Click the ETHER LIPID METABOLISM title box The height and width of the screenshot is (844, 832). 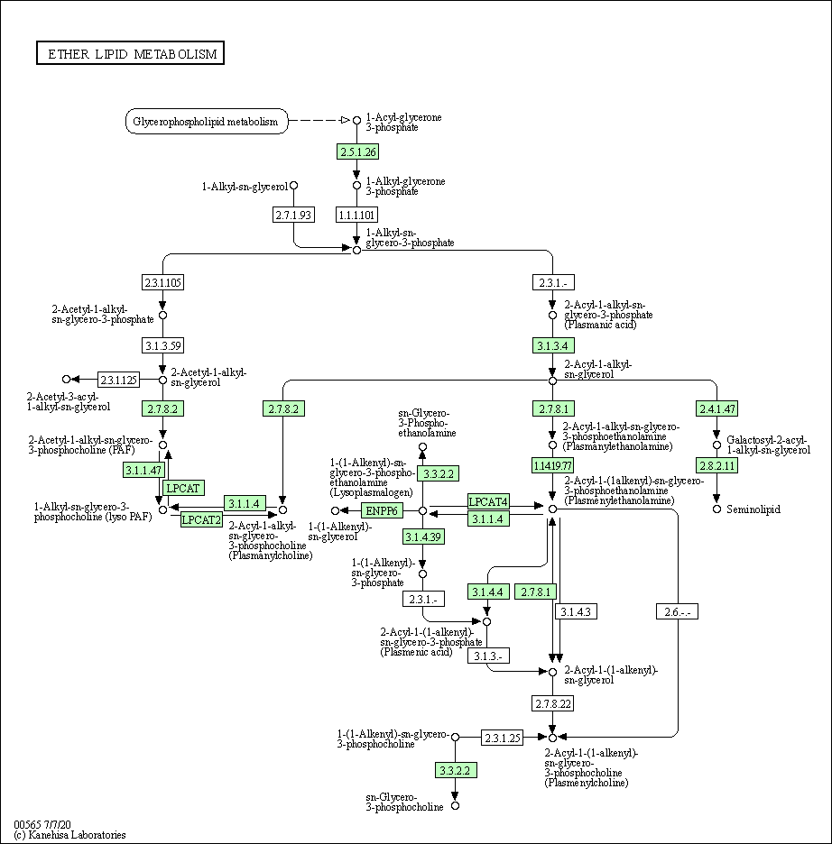click(x=130, y=54)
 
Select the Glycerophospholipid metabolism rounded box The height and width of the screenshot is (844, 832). click(x=206, y=121)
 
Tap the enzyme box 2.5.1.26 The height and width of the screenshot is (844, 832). click(x=356, y=151)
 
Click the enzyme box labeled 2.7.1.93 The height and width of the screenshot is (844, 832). click(x=293, y=215)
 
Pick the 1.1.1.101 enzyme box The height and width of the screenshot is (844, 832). click(x=356, y=215)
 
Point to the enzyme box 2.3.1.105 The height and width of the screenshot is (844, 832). click(x=162, y=282)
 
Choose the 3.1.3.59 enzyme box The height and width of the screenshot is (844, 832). click(x=162, y=344)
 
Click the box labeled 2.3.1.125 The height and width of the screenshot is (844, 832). click(x=118, y=380)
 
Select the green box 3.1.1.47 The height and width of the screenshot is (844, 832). click(x=143, y=470)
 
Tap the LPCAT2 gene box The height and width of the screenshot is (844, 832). click(x=201, y=519)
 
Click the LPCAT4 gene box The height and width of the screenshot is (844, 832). click(x=488, y=501)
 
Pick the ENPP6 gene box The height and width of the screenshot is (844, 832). click(x=381, y=511)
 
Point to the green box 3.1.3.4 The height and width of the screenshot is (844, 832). click(x=552, y=345)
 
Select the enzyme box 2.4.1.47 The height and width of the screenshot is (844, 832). click(x=717, y=408)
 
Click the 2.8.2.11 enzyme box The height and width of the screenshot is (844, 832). click(x=717, y=465)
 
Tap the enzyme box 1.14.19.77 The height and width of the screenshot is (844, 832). click(x=552, y=465)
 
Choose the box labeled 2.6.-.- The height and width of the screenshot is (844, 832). click(x=677, y=611)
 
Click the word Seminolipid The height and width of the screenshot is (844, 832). click(x=753, y=509)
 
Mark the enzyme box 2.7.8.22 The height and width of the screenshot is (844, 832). click(x=552, y=702)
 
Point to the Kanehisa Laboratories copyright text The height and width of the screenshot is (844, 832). click(x=70, y=835)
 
